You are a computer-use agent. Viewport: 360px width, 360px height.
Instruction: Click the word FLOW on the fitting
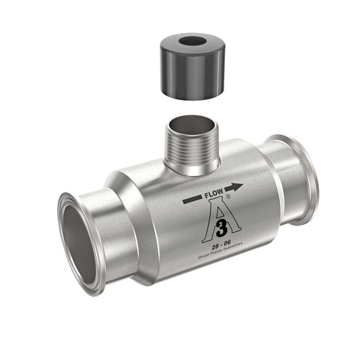tap(214, 193)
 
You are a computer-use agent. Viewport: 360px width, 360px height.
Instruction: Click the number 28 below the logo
tap(215, 247)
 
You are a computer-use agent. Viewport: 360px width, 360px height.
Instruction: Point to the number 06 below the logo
tap(228, 244)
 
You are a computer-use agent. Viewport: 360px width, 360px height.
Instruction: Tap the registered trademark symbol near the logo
tap(228, 197)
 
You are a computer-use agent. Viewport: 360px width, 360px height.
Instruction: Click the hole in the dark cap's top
tap(193, 42)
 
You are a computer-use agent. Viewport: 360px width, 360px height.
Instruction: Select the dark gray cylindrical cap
tap(193, 67)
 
